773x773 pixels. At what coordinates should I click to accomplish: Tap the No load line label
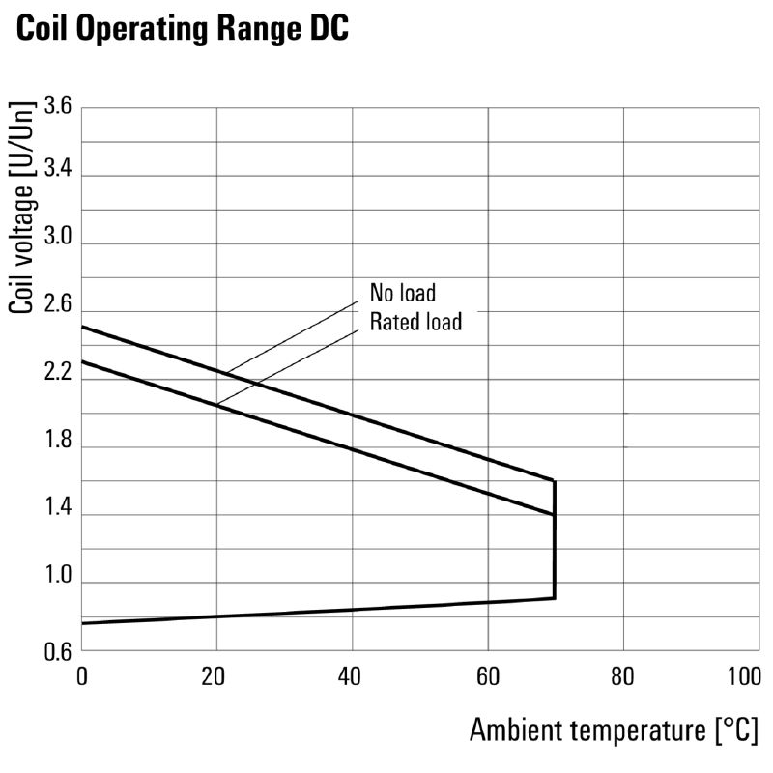pyautogui.click(x=402, y=292)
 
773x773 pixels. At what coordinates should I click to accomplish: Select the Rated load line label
pyautogui.click(x=415, y=321)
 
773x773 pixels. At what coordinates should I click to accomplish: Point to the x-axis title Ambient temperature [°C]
pyautogui.click(x=615, y=730)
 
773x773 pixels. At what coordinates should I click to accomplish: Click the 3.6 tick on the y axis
pyautogui.click(x=58, y=106)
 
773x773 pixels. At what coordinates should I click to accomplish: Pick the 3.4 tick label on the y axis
pyautogui.click(x=58, y=175)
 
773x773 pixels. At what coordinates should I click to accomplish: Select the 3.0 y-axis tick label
pyautogui.click(x=58, y=243)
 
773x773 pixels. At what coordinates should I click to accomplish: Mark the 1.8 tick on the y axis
pyautogui.click(x=58, y=446)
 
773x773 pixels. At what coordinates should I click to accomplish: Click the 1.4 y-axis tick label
pyautogui.click(x=58, y=514)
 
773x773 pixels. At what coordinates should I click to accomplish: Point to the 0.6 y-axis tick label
pyautogui.click(x=58, y=651)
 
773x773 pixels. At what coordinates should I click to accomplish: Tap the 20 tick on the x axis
pyautogui.click(x=216, y=675)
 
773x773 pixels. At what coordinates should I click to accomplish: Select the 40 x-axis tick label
pyautogui.click(x=352, y=675)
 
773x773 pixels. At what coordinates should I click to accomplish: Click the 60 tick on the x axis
pyautogui.click(x=488, y=675)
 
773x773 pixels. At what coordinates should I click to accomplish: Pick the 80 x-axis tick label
pyautogui.click(x=623, y=675)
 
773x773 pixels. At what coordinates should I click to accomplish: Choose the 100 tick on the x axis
pyautogui.click(x=744, y=675)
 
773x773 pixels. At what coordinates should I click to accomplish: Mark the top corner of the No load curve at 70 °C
pyautogui.click(x=554, y=480)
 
